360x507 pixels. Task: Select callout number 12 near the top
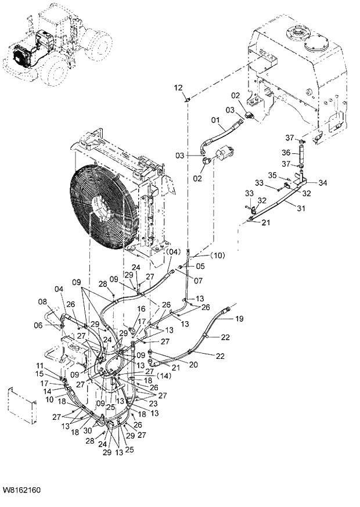coord(179,87)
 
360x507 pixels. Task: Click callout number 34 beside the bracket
coord(323,183)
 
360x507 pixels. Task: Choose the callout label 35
coord(272,175)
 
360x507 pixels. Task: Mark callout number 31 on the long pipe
coord(301,209)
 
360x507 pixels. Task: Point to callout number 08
coord(42,302)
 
